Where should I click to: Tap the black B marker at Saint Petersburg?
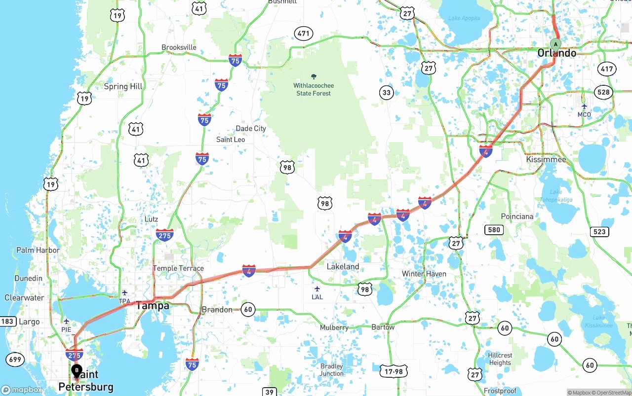(x=77, y=370)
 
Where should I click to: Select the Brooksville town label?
(x=179, y=47)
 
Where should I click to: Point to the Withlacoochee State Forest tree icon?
(x=314, y=76)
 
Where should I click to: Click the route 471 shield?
(x=303, y=34)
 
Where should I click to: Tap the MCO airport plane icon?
(x=584, y=106)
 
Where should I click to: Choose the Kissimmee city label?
(x=546, y=159)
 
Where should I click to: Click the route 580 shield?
(x=494, y=229)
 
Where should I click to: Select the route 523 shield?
(x=599, y=232)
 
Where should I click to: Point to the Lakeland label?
(x=343, y=266)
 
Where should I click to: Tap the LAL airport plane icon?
(x=317, y=288)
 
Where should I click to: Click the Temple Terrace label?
(x=178, y=268)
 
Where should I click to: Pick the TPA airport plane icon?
(x=124, y=293)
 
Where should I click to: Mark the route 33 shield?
(x=386, y=92)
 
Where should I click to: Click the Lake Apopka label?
(x=464, y=18)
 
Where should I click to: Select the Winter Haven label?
(x=424, y=274)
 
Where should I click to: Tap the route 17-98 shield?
(x=394, y=371)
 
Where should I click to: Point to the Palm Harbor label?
(x=38, y=250)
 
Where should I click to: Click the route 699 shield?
(x=15, y=359)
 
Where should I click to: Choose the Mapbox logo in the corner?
(x=22, y=390)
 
